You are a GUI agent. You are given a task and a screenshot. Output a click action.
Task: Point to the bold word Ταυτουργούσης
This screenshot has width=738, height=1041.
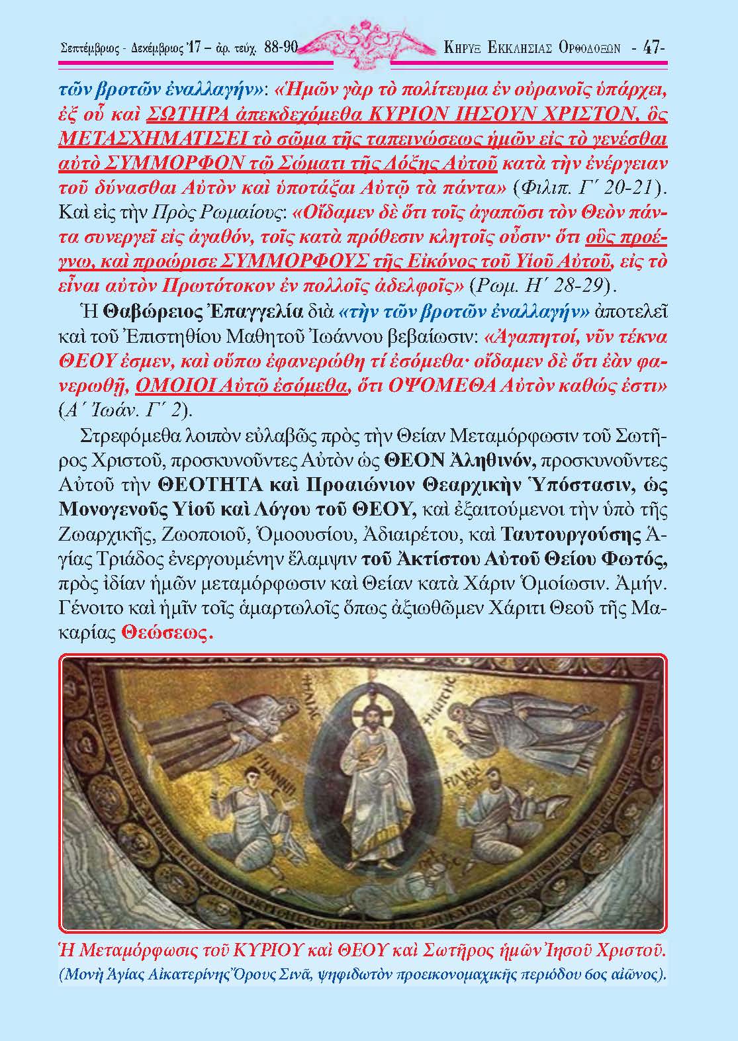[x=572, y=533]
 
